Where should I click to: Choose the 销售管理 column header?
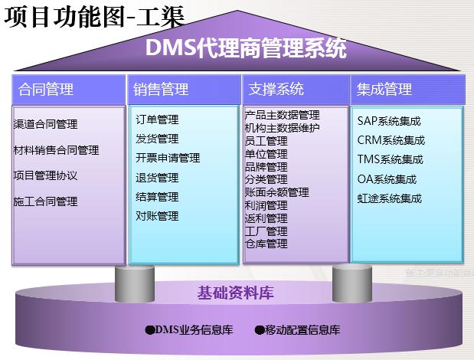pyautogui.click(x=161, y=89)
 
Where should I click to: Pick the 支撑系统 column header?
pyautogui.click(x=276, y=89)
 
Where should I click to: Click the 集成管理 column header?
pyautogui.click(x=384, y=89)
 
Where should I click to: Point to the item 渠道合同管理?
pyautogui.click(x=45, y=124)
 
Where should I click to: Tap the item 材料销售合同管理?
pyautogui.click(x=56, y=150)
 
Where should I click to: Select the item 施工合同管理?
pyautogui.click(x=45, y=201)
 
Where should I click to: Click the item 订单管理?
pyautogui.click(x=157, y=119)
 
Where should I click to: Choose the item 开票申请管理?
pyautogui.click(x=168, y=158)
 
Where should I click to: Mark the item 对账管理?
pyautogui.click(x=157, y=215)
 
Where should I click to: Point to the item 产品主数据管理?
pyautogui.click(x=282, y=115)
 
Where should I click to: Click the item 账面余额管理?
pyautogui.click(x=276, y=192)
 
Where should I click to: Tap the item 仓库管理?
pyautogui.click(x=266, y=244)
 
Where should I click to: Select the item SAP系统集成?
pyautogui.click(x=388, y=121)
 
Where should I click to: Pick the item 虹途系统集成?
pyautogui.click(x=389, y=198)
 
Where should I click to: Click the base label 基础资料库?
pyautogui.click(x=236, y=292)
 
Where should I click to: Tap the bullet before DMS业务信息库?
pyautogui.click(x=149, y=331)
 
